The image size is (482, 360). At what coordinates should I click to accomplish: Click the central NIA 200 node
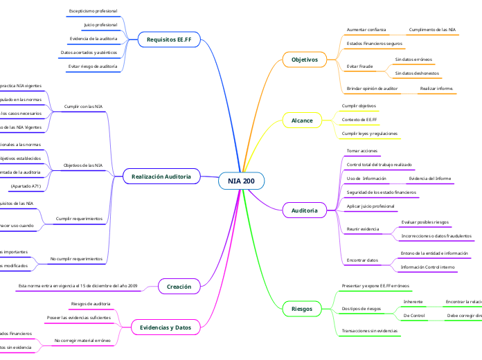241,181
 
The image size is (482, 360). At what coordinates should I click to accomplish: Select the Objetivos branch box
305,60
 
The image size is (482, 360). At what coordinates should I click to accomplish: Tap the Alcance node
302,120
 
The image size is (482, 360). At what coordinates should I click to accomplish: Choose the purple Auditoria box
305,210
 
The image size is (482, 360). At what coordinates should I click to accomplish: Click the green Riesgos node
302,308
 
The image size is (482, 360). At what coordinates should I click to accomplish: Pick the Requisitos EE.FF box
169,40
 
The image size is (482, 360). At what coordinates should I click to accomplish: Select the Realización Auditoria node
161,177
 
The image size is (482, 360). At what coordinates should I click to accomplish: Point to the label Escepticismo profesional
93,12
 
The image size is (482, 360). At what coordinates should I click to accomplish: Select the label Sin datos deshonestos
418,73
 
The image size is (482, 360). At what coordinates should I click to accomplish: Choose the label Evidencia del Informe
429,179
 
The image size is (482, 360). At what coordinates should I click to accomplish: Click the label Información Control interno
428,267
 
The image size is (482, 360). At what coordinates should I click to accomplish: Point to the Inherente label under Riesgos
413,302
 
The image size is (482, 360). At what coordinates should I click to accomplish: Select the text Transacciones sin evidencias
371,331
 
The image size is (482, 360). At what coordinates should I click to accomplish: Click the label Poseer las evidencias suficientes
78,317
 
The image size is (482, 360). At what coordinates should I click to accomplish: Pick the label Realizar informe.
436,89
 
